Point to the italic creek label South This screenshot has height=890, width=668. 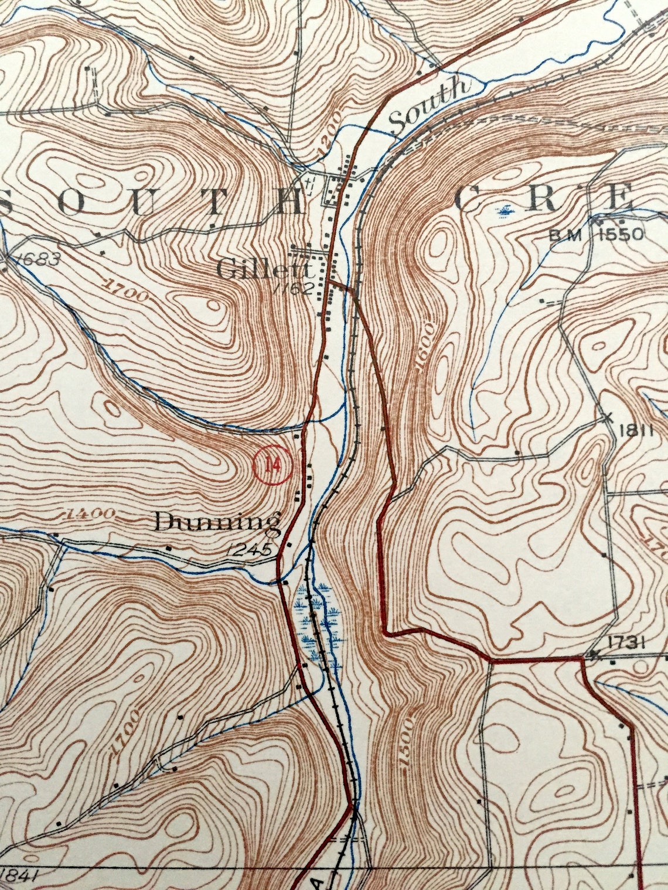point(431,105)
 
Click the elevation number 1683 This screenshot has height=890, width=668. point(38,259)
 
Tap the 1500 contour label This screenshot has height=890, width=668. point(406,741)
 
